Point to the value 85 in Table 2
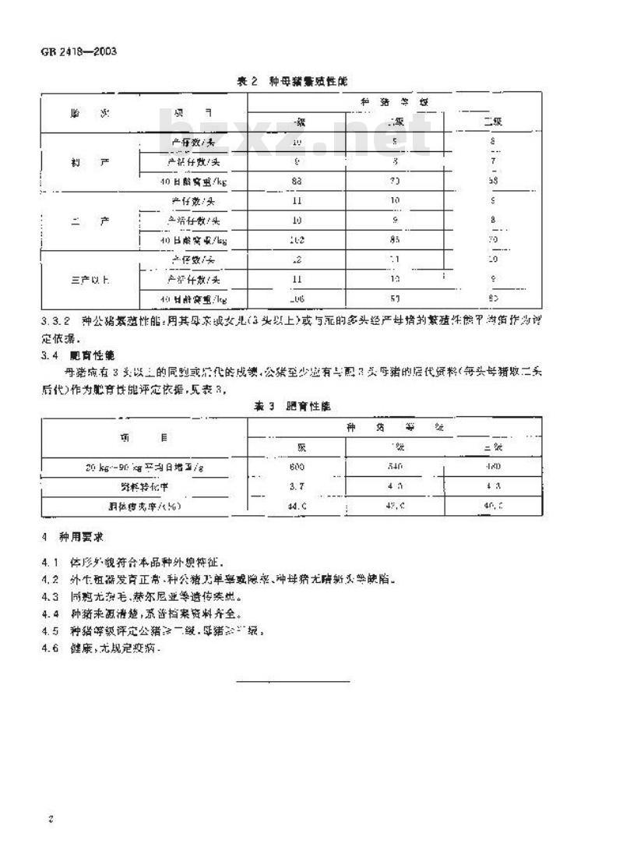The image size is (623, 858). click(395, 240)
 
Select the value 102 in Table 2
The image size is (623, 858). click(297, 240)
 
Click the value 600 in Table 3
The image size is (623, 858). click(297, 467)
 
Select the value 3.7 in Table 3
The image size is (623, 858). click(297, 485)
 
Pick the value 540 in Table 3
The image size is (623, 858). click(395, 467)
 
